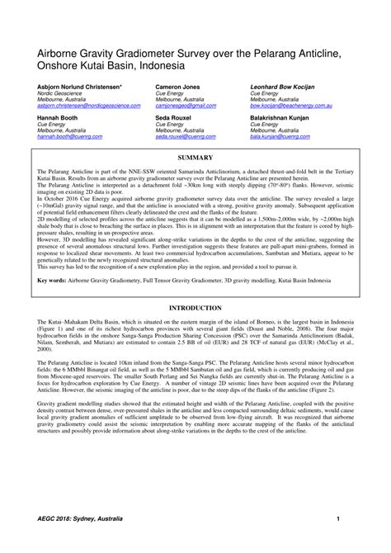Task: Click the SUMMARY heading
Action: (x=196, y=157)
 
